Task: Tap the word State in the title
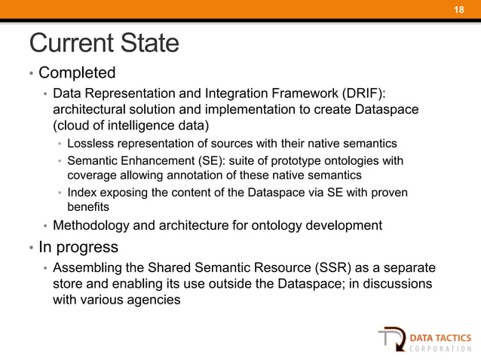pos(148,43)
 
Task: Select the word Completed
pos(77,73)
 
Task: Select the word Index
pos(81,193)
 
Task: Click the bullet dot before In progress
pos(32,248)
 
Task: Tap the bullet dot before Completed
pos(32,75)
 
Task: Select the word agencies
pos(155,301)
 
